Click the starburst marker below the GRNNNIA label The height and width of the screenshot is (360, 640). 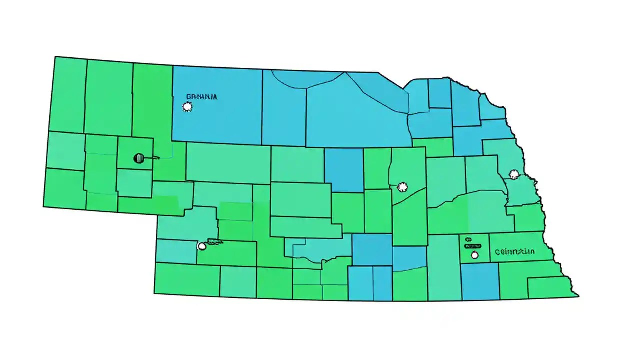click(187, 106)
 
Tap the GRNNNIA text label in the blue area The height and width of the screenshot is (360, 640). click(201, 96)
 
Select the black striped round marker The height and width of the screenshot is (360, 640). click(139, 158)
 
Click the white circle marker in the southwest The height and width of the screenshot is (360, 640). click(202, 246)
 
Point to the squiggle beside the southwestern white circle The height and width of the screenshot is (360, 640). click(215, 242)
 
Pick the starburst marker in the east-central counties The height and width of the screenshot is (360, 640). click(401, 187)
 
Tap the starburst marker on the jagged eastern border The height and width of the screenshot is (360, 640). click(514, 174)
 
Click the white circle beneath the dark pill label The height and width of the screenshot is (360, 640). click(474, 255)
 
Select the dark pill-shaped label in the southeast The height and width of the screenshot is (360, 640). click(473, 246)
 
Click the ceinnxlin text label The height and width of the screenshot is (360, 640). click(515, 252)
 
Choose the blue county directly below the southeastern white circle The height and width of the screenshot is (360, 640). click(480, 281)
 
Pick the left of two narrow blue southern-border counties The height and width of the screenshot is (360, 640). click(360, 283)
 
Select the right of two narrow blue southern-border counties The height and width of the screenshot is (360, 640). click(382, 283)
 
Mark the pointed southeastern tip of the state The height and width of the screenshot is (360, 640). click(578, 296)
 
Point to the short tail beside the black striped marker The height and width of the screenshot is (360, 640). click(152, 158)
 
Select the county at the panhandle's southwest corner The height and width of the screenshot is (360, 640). click(64, 188)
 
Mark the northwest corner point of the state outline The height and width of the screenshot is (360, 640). click(55, 57)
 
